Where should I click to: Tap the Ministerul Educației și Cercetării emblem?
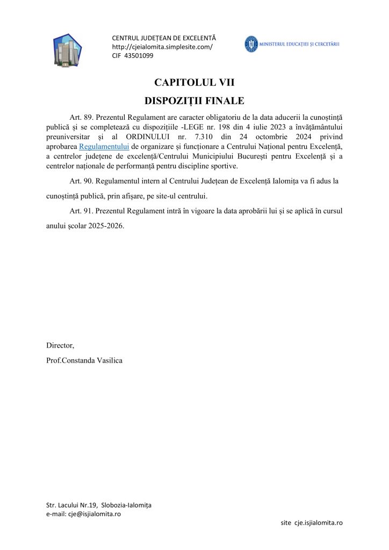point(251,44)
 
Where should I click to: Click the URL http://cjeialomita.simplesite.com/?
point(162,47)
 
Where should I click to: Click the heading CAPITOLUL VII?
point(195,83)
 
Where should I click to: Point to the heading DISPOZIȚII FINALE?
point(195,100)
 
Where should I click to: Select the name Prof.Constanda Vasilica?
point(84,360)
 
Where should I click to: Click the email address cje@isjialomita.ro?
point(94,513)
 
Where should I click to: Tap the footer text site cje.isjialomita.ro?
point(312,523)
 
